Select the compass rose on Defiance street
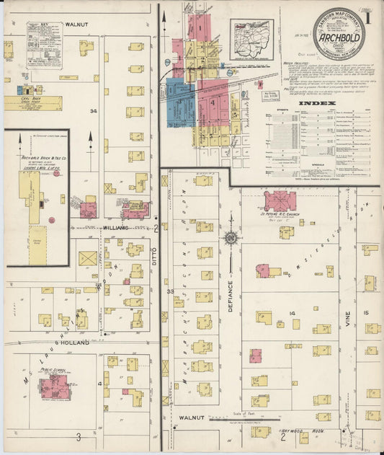point(231,237)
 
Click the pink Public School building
point(54,386)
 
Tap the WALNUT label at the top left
point(76,24)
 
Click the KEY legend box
point(44,45)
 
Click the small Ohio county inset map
point(251,40)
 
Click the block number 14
point(293,313)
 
